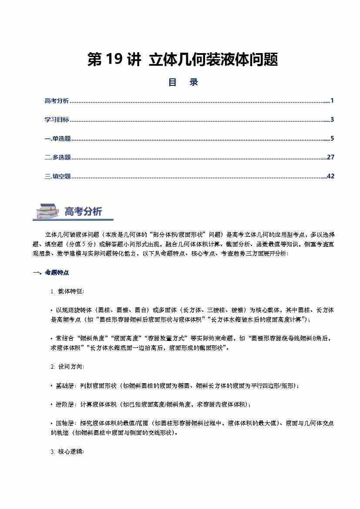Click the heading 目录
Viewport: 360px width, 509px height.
[x=183, y=82]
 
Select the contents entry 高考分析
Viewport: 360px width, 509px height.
[x=57, y=101]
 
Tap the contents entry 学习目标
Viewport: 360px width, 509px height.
[x=57, y=120]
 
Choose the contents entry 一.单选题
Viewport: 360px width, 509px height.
[x=57, y=139]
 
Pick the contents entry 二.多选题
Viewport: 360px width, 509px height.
[x=57, y=158]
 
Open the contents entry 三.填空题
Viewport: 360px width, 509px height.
[x=57, y=176]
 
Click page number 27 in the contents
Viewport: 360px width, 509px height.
[x=330, y=158]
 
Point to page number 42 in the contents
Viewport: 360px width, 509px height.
[x=330, y=176]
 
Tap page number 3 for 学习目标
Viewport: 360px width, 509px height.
[x=332, y=120]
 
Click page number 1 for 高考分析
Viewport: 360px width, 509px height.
[x=332, y=101]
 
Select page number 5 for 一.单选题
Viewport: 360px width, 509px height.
[x=332, y=139]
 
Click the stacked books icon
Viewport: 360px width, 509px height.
[x=47, y=211]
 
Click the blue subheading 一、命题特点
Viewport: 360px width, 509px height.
[x=51, y=273]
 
